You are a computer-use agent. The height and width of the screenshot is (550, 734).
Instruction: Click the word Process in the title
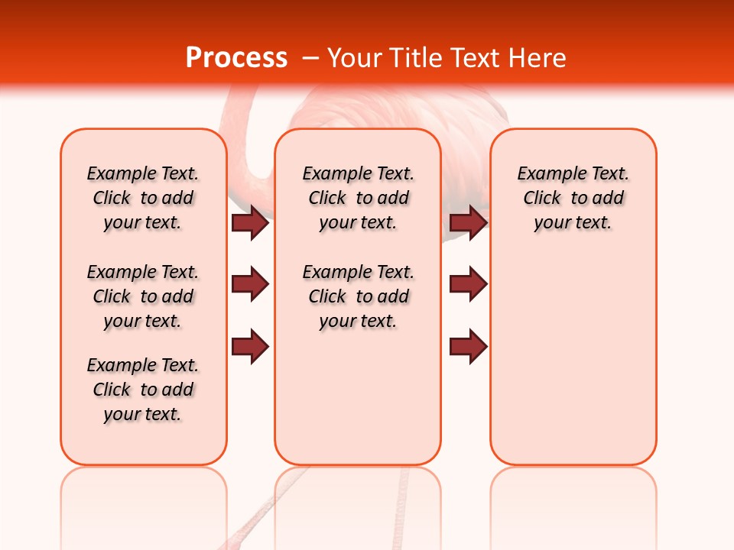[236, 58]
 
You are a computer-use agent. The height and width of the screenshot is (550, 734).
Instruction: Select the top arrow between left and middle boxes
[249, 223]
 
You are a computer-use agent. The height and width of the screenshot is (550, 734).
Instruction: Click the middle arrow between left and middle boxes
[249, 284]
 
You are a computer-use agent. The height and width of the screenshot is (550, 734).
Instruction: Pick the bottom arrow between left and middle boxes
[249, 347]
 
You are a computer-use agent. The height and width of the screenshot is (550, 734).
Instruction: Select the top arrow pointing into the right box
[468, 223]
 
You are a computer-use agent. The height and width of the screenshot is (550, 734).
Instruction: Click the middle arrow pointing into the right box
[468, 284]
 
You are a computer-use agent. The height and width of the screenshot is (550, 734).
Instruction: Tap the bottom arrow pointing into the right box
[468, 347]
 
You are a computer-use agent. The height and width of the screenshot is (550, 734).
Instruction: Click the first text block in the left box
[143, 198]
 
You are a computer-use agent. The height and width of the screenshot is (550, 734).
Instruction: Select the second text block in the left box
[143, 296]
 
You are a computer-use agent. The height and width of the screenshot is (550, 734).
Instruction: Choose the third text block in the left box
[143, 390]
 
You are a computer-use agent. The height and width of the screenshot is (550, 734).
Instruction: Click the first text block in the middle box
[359, 198]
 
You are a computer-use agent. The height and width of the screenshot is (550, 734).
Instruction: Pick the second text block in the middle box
[359, 296]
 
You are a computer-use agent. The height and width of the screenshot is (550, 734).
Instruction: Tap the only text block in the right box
[573, 198]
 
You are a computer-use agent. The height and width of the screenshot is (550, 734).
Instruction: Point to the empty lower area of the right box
[573, 367]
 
